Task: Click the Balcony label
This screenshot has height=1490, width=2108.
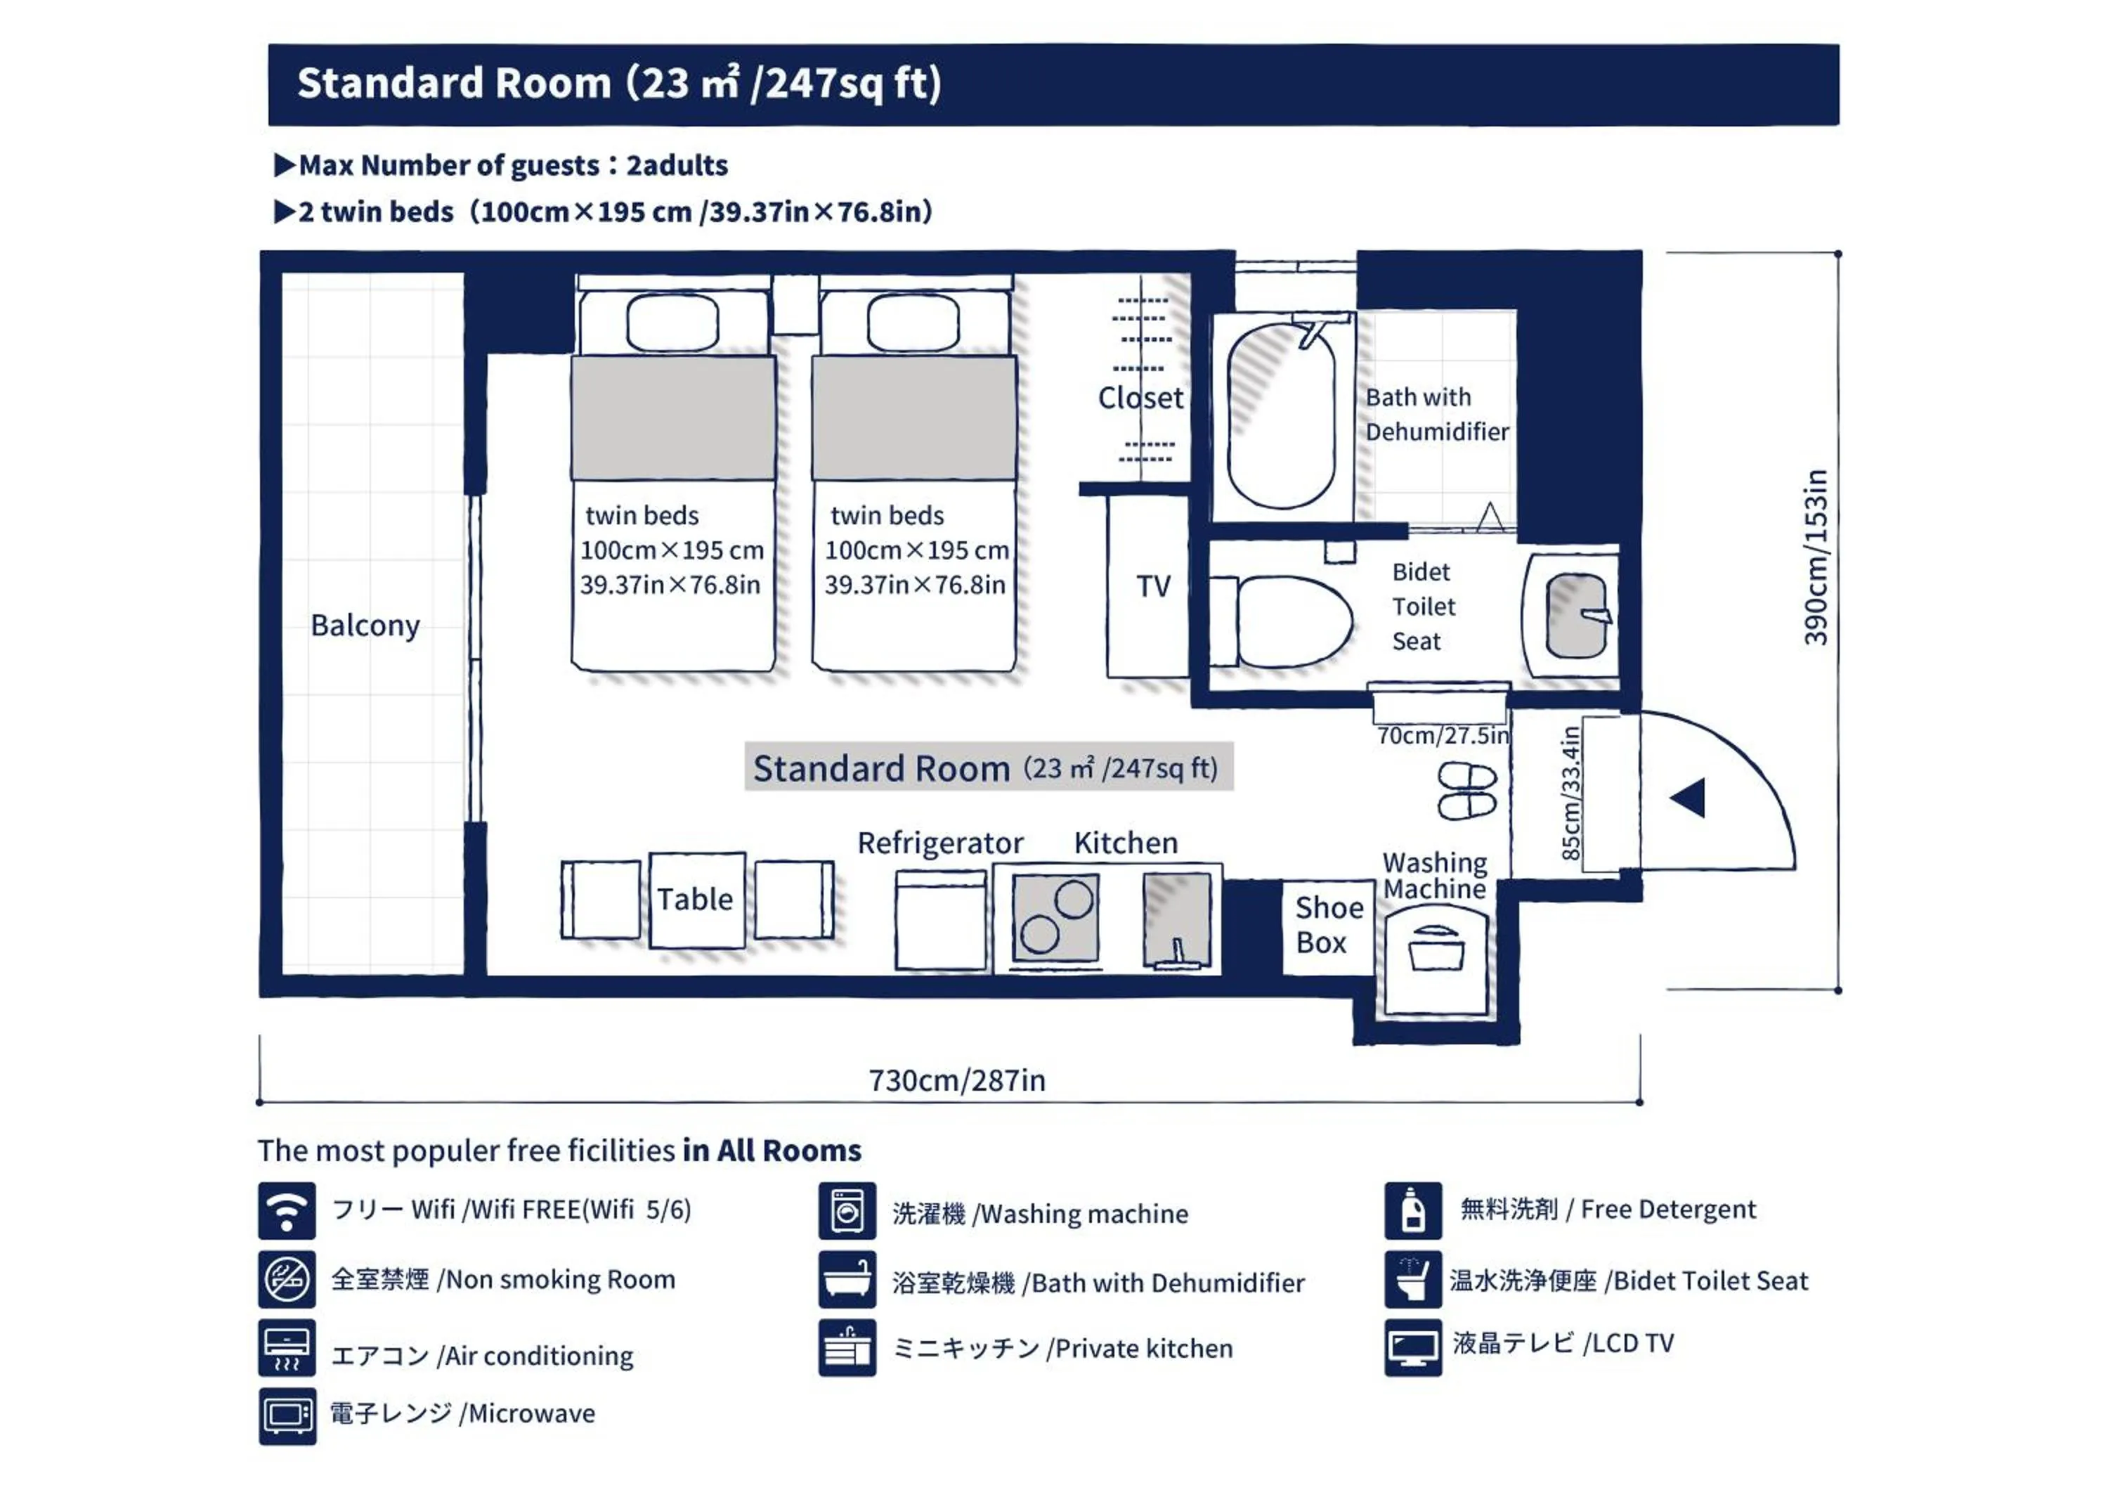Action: [x=365, y=626]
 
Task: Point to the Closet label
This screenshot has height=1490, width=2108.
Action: [x=1140, y=398]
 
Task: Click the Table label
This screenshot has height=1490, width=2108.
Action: [x=695, y=899]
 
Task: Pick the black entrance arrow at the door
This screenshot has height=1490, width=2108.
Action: [x=1688, y=798]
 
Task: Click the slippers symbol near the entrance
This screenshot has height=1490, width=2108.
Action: [x=1467, y=791]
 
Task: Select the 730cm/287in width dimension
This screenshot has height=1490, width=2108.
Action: [x=956, y=1080]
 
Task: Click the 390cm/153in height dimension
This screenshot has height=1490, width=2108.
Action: [x=1815, y=557]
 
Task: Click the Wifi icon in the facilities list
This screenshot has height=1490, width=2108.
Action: [x=287, y=1211]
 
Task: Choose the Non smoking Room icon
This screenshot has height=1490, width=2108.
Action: [x=287, y=1279]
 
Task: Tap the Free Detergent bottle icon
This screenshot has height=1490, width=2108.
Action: [x=1413, y=1211]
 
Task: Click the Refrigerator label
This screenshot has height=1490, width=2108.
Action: [x=940, y=843]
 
